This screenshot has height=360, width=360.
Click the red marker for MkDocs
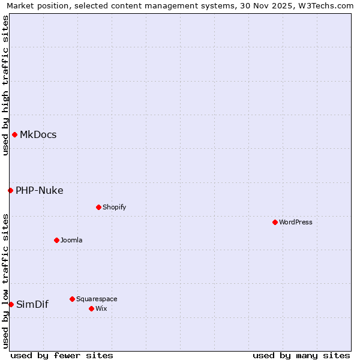coord(14,134)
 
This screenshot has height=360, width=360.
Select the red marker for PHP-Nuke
coord(10,190)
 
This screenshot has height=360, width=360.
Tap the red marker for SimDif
coord(11,304)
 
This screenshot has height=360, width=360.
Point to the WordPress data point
coord(275,222)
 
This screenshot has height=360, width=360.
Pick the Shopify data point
coord(98,207)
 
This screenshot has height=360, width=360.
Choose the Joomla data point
coord(56,240)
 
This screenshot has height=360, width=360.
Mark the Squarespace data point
coord(72,299)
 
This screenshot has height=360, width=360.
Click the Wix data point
coord(91,308)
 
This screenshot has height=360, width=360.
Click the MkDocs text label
coord(38,134)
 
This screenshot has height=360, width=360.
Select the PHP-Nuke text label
coord(40,191)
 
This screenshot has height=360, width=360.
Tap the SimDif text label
coord(32,304)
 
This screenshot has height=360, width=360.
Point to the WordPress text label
coord(296,222)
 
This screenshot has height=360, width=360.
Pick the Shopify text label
coord(115,207)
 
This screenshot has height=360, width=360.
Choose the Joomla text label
coord(71,240)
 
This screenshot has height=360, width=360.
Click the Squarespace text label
coord(97,299)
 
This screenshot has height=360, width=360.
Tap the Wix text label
coord(101,308)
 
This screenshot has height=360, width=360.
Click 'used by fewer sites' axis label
coord(62,355)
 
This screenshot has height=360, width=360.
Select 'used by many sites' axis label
coord(301,355)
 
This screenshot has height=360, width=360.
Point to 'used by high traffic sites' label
coord(5,85)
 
